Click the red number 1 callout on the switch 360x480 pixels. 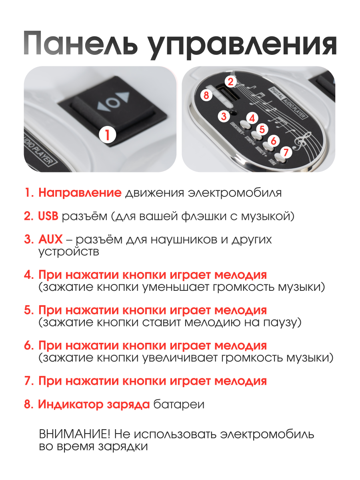pos(107,135)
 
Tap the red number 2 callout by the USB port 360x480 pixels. pos(231,82)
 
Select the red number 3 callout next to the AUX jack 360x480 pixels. pos(224,116)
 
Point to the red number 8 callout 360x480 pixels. pos(206,95)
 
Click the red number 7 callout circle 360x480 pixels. pos(286,152)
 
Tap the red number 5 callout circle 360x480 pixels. pos(262,129)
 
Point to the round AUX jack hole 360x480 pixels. pos(234,113)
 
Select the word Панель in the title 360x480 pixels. pos(81,44)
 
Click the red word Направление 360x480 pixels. pos(80,193)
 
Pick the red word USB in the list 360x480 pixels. pos(48,216)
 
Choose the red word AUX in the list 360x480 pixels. pos(50,239)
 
